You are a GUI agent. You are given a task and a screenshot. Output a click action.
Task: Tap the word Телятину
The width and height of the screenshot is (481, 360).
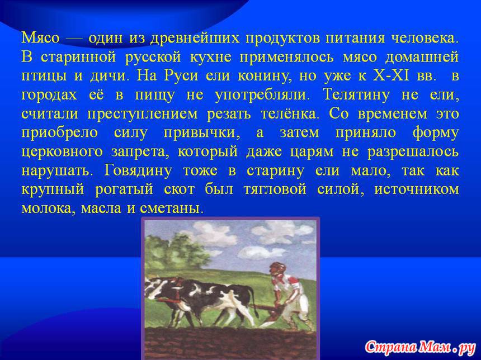click(356, 95)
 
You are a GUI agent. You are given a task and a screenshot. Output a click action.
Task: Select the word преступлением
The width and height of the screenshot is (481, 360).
click(143, 115)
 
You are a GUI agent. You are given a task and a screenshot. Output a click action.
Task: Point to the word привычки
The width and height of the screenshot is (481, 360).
click(202, 134)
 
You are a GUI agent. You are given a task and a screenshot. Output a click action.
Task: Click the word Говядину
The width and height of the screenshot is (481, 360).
click(138, 171)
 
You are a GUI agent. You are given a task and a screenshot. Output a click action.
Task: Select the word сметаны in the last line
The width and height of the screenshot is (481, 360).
click(172, 209)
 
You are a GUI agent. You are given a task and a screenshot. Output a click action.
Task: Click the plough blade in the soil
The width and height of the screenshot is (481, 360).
click(270, 319)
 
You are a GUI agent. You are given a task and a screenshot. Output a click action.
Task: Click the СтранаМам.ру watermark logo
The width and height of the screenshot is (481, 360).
click(420, 347)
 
